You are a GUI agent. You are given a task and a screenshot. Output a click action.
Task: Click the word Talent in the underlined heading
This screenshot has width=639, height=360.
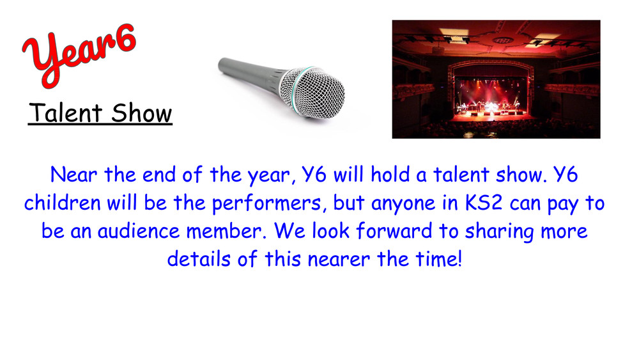(x=65, y=113)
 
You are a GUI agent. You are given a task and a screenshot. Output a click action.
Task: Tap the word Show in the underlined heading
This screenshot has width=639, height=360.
(x=141, y=113)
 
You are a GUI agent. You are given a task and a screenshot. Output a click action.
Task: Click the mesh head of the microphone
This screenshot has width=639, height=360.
(x=313, y=93)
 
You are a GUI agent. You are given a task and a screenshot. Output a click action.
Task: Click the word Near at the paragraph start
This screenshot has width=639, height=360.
(x=73, y=175)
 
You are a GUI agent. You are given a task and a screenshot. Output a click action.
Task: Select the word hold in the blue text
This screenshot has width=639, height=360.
(x=390, y=175)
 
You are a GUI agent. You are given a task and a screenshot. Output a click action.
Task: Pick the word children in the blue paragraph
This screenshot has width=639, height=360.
(x=63, y=203)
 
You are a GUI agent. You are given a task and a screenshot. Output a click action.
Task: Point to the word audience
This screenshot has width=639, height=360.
(x=139, y=231)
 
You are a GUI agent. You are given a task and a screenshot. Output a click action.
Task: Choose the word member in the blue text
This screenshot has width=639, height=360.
(x=226, y=231)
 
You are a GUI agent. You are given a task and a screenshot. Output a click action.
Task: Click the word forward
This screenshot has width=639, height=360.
(x=394, y=231)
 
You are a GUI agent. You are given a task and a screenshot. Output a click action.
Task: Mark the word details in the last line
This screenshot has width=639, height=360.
(x=199, y=259)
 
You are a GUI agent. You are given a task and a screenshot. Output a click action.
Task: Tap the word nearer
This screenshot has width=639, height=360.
(x=339, y=260)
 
